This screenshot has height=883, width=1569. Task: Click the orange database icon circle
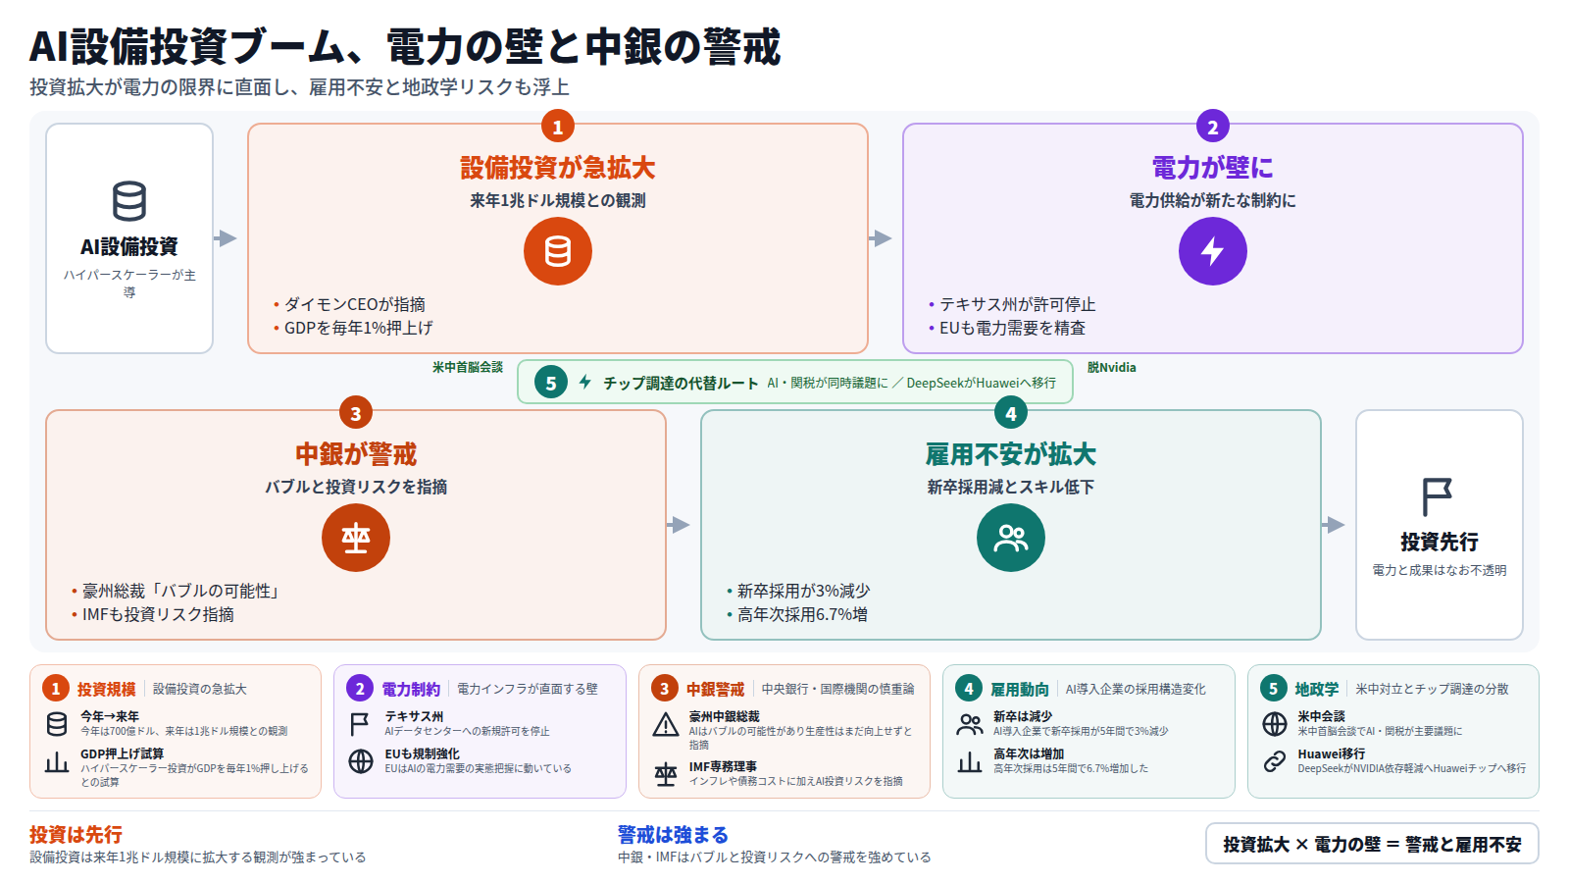(558, 251)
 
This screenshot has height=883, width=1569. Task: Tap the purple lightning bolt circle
(1212, 251)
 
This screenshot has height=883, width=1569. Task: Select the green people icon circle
(1010, 538)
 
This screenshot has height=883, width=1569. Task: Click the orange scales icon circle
(356, 538)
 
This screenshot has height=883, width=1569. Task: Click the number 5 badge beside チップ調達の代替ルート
(550, 383)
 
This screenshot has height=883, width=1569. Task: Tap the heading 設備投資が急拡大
(558, 168)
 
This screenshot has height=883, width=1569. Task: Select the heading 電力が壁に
(1212, 168)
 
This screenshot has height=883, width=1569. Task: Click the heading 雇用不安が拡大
(1010, 455)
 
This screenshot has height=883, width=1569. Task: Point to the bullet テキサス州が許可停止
(1012, 304)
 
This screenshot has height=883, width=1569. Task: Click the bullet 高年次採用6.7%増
(797, 614)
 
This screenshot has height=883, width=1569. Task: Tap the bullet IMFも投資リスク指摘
(153, 614)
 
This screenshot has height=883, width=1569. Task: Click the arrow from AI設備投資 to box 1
(226, 238)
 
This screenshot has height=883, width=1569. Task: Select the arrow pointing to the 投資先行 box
(1333, 525)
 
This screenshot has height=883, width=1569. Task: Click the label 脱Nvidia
(1112, 367)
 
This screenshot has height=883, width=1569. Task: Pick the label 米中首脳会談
(467, 367)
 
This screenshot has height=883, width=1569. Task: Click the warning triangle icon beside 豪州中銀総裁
(666, 724)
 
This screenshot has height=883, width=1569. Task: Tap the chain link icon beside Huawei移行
(1274, 761)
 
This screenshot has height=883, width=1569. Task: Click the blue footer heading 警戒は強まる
(673, 835)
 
